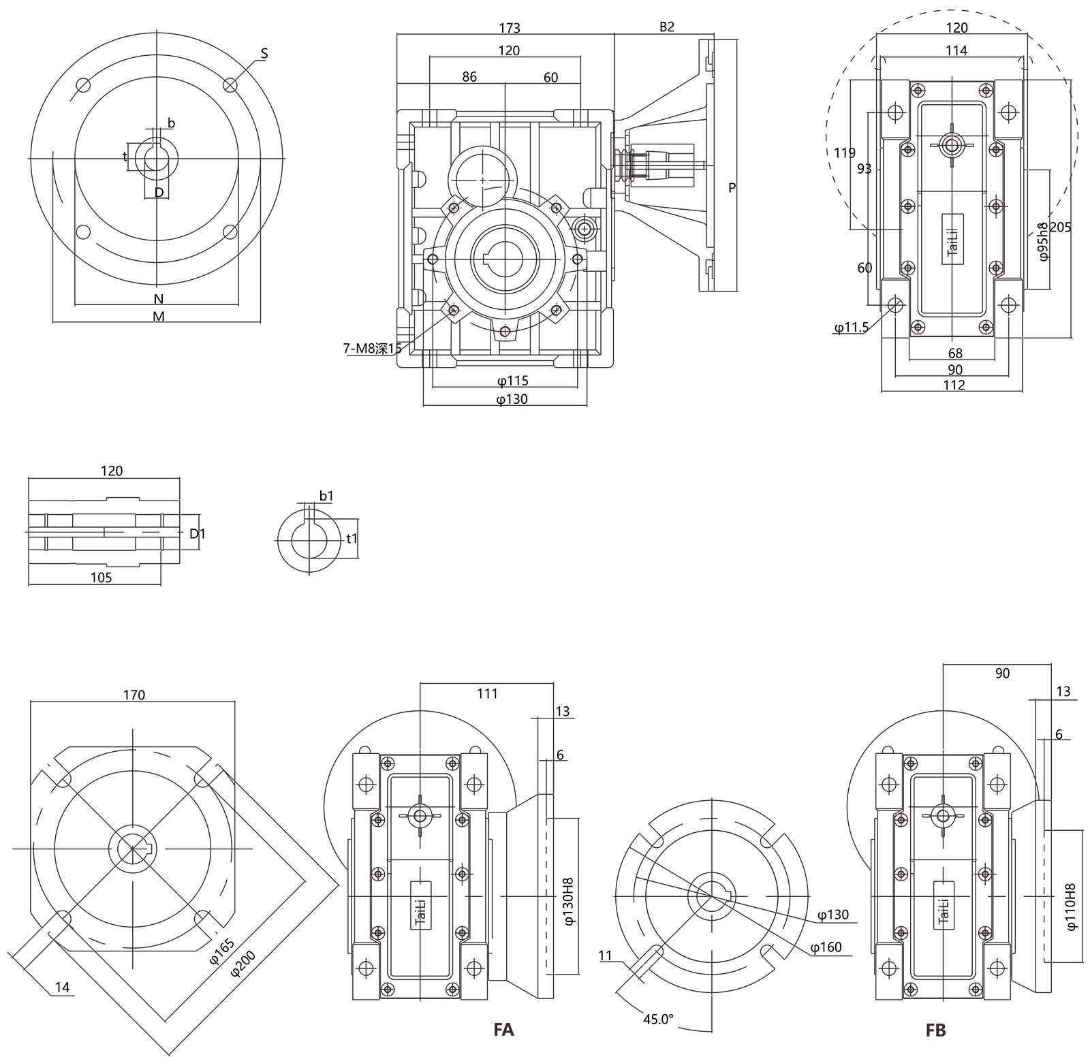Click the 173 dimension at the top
509,28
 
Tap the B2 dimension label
666,27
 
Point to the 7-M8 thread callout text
373,349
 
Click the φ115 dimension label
512,381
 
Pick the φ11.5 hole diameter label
851,328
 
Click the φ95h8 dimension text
1042,242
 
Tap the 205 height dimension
1060,227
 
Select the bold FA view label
503,1028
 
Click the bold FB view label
936,1029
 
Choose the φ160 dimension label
826,947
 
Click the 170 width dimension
134,695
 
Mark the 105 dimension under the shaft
101,578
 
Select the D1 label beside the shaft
197,533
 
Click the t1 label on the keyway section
352,539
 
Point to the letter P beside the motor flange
732,188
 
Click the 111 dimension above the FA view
487,693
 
